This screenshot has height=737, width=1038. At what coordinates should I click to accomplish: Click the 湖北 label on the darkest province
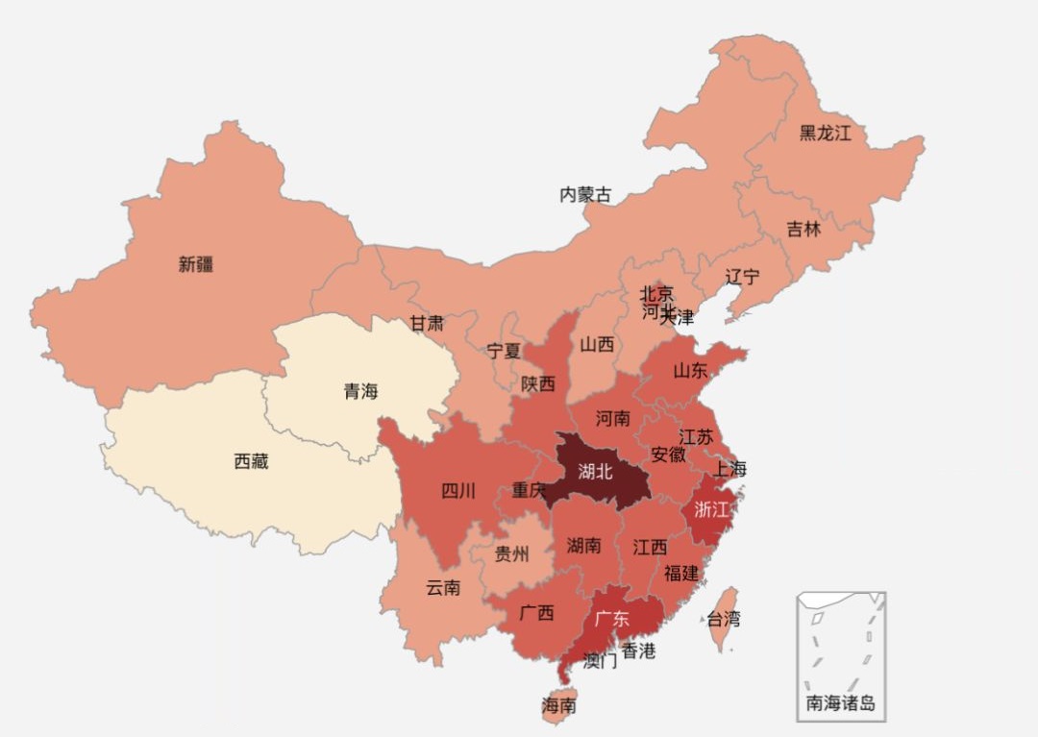pyautogui.click(x=596, y=471)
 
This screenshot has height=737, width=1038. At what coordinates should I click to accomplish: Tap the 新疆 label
pyautogui.click(x=196, y=264)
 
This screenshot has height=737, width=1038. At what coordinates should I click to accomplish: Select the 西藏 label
pyautogui.click(x=252, y=461)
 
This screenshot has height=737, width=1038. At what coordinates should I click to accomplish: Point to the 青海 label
pyautogui.click(x=361, y=391)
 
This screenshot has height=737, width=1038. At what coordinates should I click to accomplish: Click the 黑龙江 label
pyautogui.click(x=826, y=134)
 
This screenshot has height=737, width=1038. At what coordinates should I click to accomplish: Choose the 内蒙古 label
pyautogui.click(x=585, y=195)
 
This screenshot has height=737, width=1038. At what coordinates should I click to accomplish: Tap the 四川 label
pyautogui.click(x=458, y=491)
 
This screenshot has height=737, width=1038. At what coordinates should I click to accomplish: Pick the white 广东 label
pyautogui.click(x=612, y=618)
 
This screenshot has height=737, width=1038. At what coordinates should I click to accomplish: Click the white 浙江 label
pyautogui.click(x=711, y=509)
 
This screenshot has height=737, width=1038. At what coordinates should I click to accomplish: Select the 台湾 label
pyautogui.click(x=724, y=620)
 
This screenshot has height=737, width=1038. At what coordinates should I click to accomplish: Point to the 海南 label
pyautogui.click(x=558, y=705)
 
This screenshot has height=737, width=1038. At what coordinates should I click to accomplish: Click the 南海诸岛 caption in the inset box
pyautogui.click(x=841, y=703)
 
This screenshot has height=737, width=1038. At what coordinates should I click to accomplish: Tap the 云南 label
pyautogui.click(x=443, y=587)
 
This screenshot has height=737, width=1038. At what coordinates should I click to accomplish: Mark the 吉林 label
pyautogui.click(x=804, y=230)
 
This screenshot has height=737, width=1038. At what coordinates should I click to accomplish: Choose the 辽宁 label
pyautogui.click(x=742, y=277)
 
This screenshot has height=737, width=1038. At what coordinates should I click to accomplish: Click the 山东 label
pyautogui.click(x=690, y=371)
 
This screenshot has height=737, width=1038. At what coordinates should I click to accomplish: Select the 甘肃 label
pyautogui.click(x=427, y=323)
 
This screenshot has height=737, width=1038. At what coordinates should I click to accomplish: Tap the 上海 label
pyautogui.click(x=729, y=469)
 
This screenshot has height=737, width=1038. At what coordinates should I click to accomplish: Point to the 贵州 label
pyautogui.click(x=511, y=553)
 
